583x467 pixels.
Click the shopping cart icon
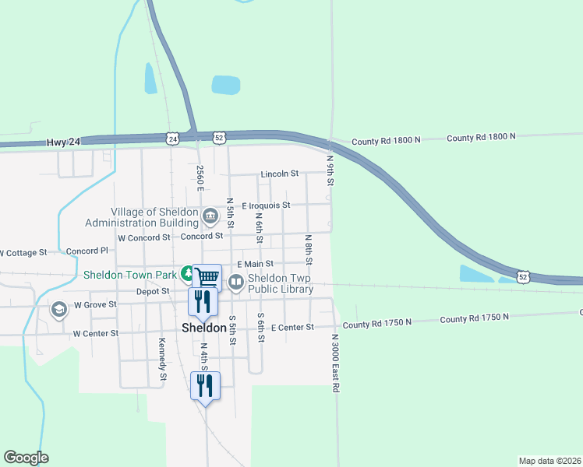tap(207, 276)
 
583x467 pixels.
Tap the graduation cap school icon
tap(58, 310)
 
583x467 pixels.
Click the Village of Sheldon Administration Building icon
tap(210, 216)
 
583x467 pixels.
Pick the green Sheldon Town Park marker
tap(188, 273)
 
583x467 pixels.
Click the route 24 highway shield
tap(173, 138)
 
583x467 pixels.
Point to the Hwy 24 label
tap(64, 142)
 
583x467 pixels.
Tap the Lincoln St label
tap(280, 174)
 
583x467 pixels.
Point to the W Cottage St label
tap(22, 253)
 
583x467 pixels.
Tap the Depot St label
tap(152, 291)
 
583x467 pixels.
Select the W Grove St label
tap(94, 304)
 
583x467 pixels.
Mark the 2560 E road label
tap(200, 178)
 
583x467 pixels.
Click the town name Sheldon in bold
tap(204, 328)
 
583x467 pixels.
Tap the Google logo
tap(26, 458)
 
